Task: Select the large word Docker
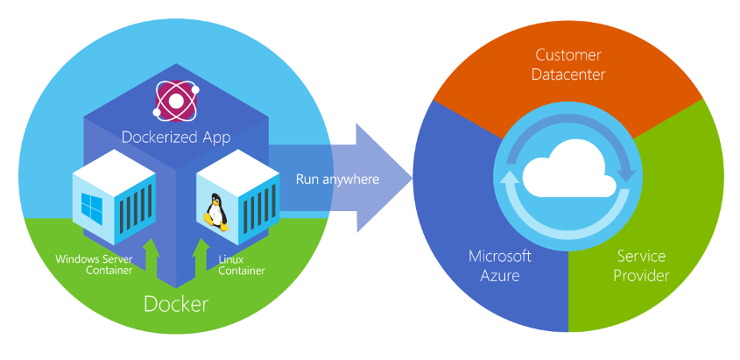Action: [176, 304]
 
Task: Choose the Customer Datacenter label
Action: [569, 66]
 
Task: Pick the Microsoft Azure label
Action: [500, 265]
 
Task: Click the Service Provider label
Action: [643, 265]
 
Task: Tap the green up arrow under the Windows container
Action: [151, 254]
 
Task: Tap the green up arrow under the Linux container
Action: [199, 254]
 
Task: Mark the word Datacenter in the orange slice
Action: [569, 75]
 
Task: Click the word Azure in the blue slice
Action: [500, 276]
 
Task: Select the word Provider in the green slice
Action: [643, 276]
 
